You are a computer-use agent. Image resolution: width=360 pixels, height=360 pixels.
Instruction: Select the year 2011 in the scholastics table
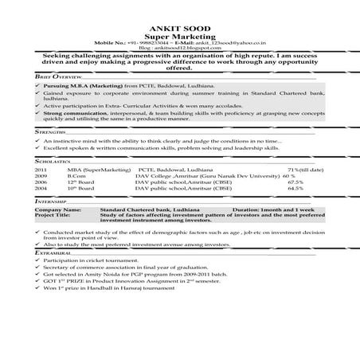[x=41, y=170]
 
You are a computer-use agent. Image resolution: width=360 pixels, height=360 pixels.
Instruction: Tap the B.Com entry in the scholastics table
[x=76, y=177]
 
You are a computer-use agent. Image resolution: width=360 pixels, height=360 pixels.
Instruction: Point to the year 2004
[x=41, y=189]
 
